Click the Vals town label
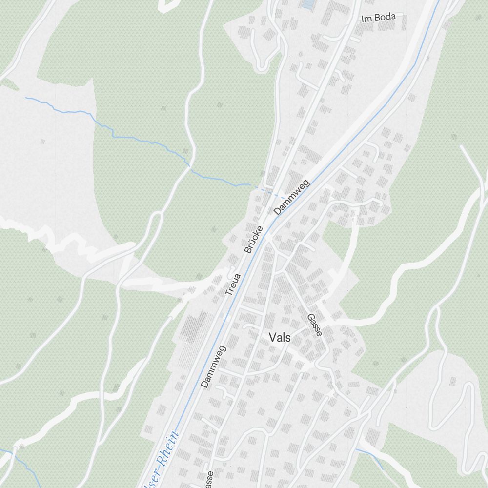tap(280, 337)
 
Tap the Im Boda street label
tap(378, 18)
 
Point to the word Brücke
tap(254, 240)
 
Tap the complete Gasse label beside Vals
tap(315, 325)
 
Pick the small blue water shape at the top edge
tap(307, 4)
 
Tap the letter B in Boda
tap(377, 18)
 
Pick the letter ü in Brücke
tap(251, 243)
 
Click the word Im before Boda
tap(366, 20)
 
